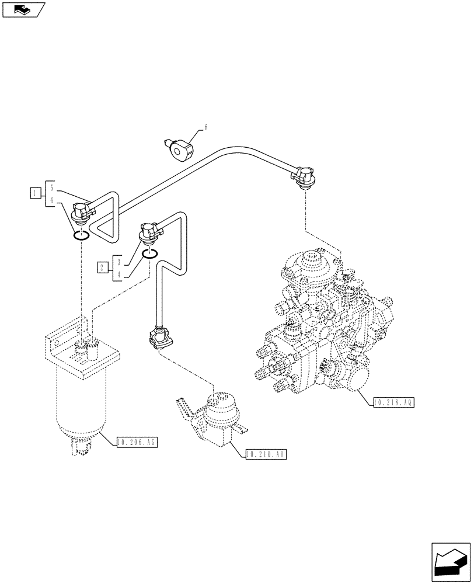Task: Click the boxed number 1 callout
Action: click(36, 193)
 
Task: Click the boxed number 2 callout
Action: click(103, 267)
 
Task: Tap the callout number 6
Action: click(205, 127)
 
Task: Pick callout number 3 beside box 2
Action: click(118, 262)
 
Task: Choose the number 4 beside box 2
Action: click(118, 274)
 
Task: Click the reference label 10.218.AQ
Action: click(393, 403)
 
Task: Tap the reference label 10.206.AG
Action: click(137, 442)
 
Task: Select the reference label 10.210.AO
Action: click(266, 454)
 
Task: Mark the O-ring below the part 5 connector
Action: click(81, 235)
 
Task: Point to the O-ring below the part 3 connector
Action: click(149, 252)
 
